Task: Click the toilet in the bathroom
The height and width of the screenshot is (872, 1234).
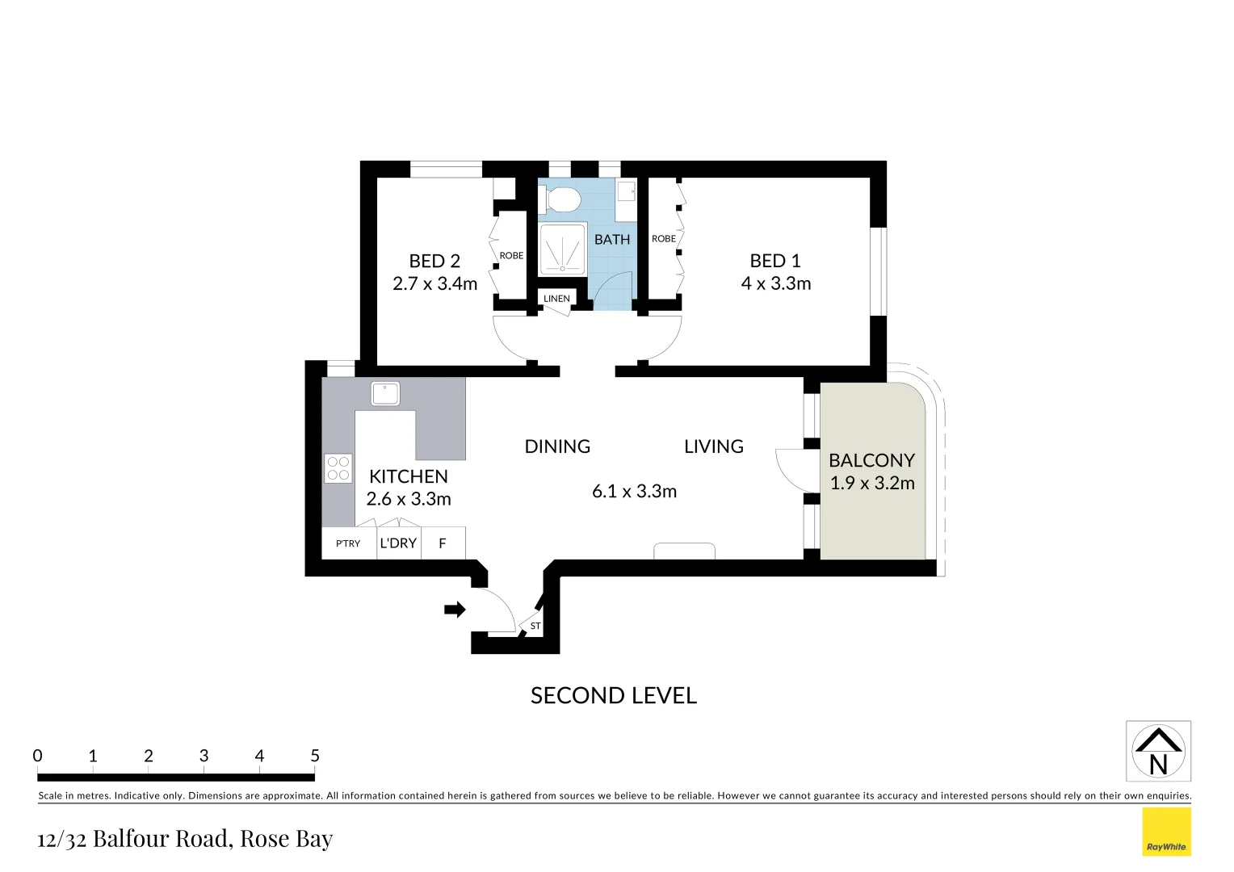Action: tap(562, 199)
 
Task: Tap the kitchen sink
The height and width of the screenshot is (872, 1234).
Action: tap(385, 394)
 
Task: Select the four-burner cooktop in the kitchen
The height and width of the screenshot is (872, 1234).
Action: tap(338, 468)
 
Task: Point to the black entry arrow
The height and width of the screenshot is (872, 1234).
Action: tap(455, 610)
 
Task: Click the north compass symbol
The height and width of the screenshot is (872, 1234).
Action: tap(1158, 752)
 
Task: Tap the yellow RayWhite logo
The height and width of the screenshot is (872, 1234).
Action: tap(1166, 832)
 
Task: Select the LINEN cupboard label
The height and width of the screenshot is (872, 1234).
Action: tap(556, 299)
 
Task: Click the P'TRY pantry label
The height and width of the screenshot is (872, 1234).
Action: tap(348, 543)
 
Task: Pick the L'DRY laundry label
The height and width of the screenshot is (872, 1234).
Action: tap(398, 543)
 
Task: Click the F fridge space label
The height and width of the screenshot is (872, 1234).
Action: tap(443, 543)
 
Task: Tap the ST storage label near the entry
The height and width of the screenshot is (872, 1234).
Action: tap(535, 626)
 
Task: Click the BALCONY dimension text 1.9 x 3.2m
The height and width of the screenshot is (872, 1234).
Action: tap(872, 484)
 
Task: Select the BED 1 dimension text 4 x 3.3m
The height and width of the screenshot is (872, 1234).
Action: tap(775, 283)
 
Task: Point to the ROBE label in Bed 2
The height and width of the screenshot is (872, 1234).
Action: tap(511, 256)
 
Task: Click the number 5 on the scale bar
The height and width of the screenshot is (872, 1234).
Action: tap(315, 756)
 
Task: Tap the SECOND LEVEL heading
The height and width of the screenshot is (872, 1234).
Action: tap(613, 695)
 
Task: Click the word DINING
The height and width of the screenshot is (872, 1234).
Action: tap(557, 446)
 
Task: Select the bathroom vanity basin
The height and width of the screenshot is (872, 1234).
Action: tap(626, 192)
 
